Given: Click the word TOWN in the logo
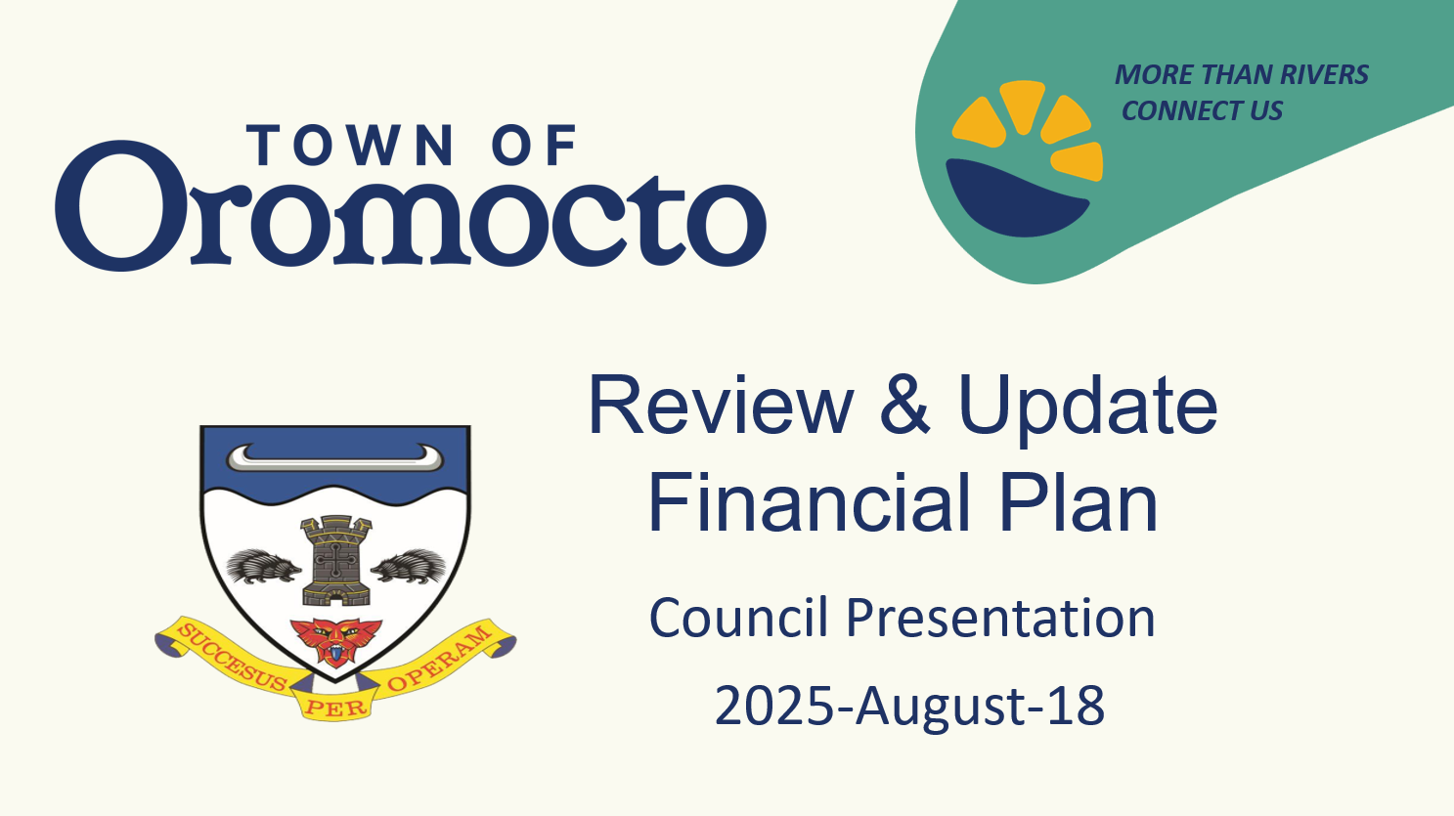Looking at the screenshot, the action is click(350, 146).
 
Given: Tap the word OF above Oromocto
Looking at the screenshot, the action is click(535, 146).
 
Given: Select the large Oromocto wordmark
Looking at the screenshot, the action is click(411, 204).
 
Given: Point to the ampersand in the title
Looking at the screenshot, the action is click(904, 407).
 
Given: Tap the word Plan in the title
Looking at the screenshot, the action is click(1079, 502).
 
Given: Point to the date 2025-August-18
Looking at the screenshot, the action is click(909, 707).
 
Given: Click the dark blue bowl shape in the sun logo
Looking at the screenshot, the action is click(1017, 196).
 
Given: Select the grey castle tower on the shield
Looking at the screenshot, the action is click(335, 560).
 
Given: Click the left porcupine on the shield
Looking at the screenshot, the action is click(263, 566).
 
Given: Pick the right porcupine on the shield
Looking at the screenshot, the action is click(409, 566).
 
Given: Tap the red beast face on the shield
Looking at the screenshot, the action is click(335, 641).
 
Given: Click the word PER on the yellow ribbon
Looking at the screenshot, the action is click(335, 707).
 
